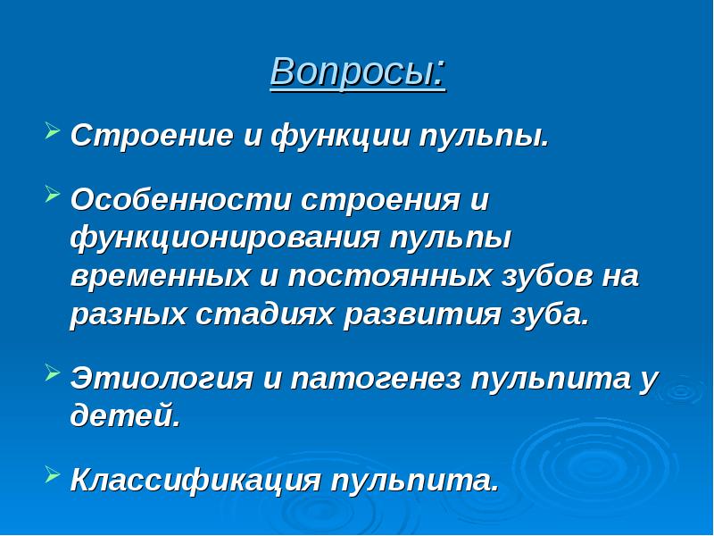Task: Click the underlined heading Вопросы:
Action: coord(357,72)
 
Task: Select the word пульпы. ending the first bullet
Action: coord(485,138)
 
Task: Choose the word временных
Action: coord(161,277)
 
